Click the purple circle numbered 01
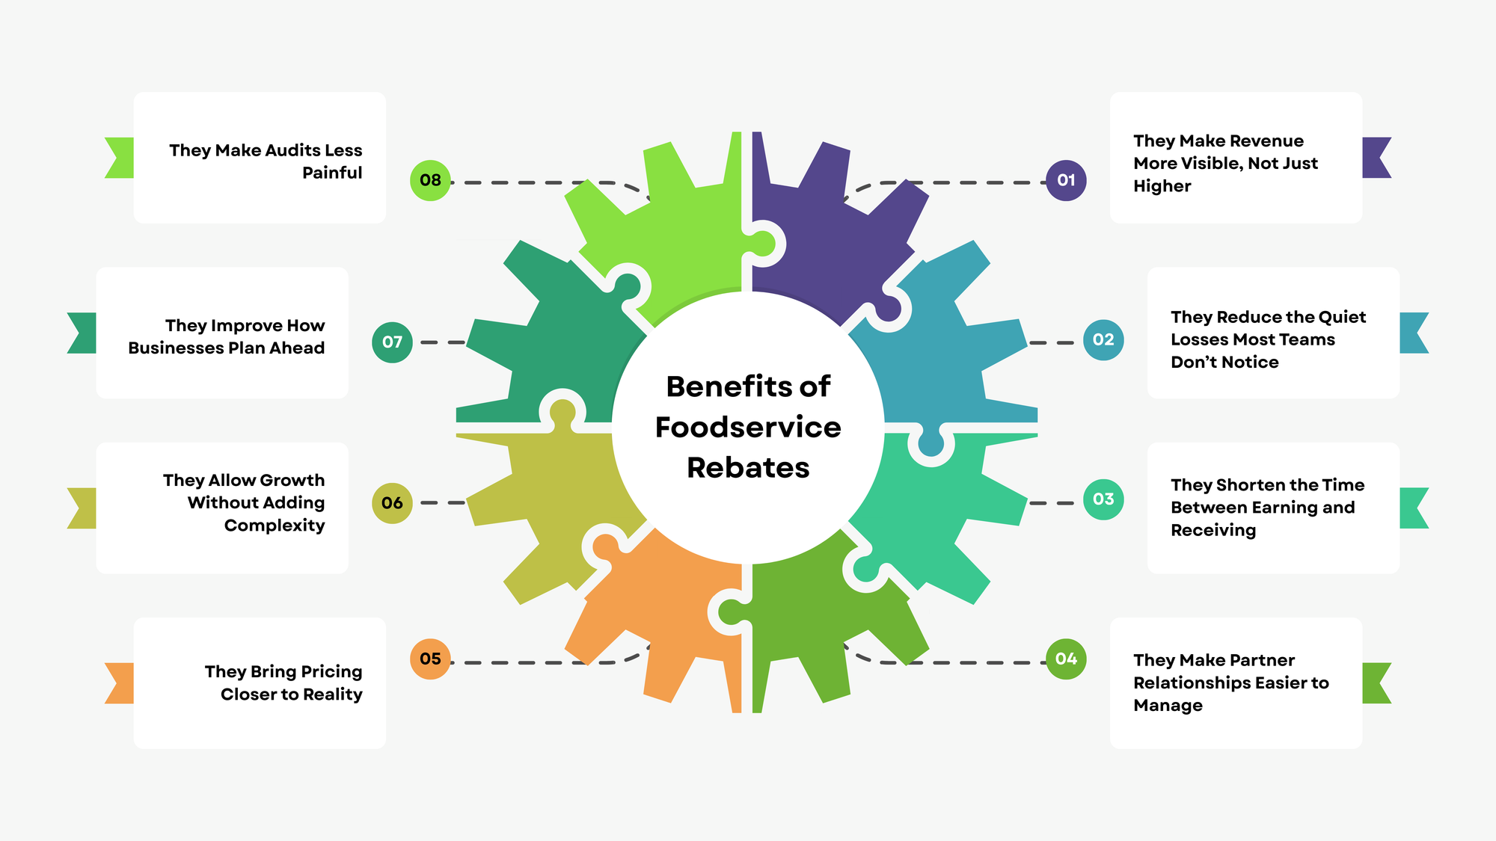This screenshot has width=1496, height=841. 1066,180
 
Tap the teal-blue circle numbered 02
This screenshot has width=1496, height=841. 1103,340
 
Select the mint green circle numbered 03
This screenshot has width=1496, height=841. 1103,499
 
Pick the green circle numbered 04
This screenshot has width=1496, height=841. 1066,659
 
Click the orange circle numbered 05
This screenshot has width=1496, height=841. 430,659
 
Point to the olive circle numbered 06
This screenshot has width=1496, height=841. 392,503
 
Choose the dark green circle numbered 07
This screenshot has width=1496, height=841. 392,342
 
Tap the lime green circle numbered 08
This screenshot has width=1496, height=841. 430,180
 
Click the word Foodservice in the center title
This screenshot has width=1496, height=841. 748,428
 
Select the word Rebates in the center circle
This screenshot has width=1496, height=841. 748,468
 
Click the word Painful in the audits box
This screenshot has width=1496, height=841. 332,173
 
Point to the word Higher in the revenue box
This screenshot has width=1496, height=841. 1162,186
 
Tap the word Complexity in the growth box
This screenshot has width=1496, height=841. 275,526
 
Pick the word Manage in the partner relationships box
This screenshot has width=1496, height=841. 1168,706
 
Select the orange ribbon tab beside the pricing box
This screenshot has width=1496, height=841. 120,683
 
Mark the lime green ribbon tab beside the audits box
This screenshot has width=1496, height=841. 120,158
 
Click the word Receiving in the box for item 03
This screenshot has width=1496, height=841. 1213,530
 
